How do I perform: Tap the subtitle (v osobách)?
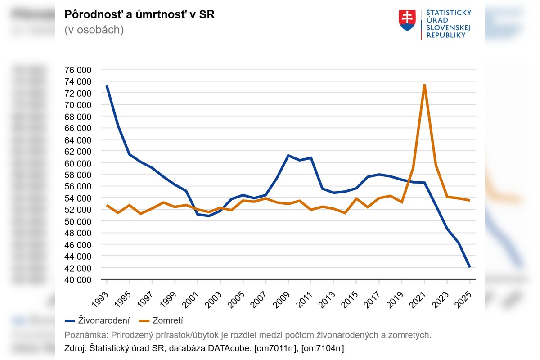point(94,30)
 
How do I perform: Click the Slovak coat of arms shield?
point(407,20)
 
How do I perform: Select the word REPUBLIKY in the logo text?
point(446,35)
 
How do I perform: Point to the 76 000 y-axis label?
point(78,70)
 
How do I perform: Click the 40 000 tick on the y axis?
point(78,279)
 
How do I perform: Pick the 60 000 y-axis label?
point(78,163)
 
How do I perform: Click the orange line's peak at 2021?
point(424,85)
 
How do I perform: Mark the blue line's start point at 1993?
point(107,86)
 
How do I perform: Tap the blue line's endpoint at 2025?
point(470,267)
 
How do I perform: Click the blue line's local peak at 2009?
point(288,155)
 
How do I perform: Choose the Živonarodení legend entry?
point(98,320)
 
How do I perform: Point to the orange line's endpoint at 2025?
point(470,200)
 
